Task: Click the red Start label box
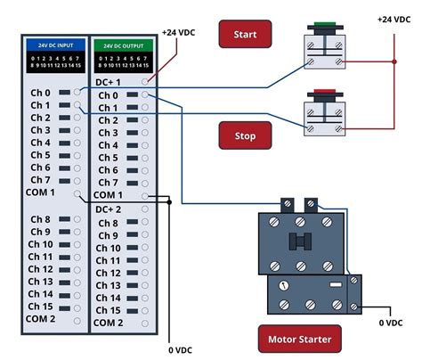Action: point(245,35)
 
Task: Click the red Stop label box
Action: point(245,136)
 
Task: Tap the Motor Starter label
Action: point(299,339)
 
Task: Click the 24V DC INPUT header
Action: point(55,44)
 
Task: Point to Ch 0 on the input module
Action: point(40,93)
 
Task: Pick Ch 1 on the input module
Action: point(40,105)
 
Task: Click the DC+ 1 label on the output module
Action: point(110,81)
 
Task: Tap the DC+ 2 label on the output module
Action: point(110,209)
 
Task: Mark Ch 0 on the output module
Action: point(108,95)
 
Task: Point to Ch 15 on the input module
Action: point(40,306)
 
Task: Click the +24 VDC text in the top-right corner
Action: point(394,19)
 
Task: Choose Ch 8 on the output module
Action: point(108,223)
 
